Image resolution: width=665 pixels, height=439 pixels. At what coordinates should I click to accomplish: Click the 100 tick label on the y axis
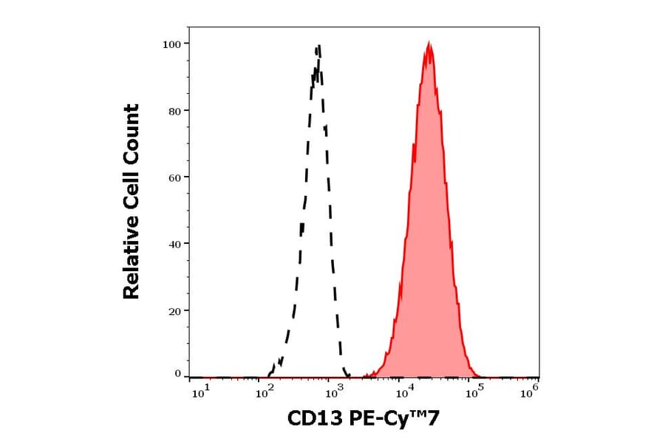click(x=172, y=44)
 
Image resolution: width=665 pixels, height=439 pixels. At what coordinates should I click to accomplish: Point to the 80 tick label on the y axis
click(x=175, y=111)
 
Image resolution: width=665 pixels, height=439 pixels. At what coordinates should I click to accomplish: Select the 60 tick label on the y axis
click(x=175, y=177)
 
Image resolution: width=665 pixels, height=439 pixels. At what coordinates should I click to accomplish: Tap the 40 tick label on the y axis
click(x=175, y=244)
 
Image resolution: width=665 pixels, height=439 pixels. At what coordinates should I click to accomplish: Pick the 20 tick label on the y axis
click(x=175, y=310)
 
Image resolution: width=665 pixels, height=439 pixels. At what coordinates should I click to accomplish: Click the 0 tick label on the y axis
click(x=178, y=374)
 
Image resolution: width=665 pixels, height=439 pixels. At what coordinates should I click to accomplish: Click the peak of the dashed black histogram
click(x=318, y=47)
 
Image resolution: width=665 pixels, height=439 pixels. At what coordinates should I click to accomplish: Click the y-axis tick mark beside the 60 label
click(x=187, y=177)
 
